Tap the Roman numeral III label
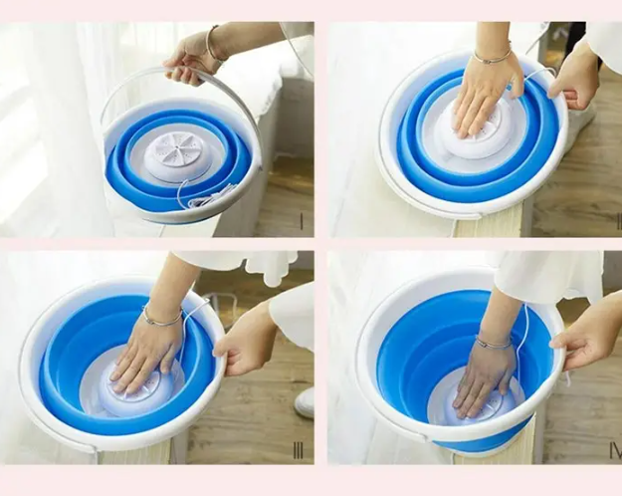(x=298, y=450)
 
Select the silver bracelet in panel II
(x=492, y=58)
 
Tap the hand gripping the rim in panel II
(x=575, y=80)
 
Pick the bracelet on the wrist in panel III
(x=160, y=319)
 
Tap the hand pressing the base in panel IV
(x=484, y=379)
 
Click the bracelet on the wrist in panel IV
(x=494, y=344)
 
